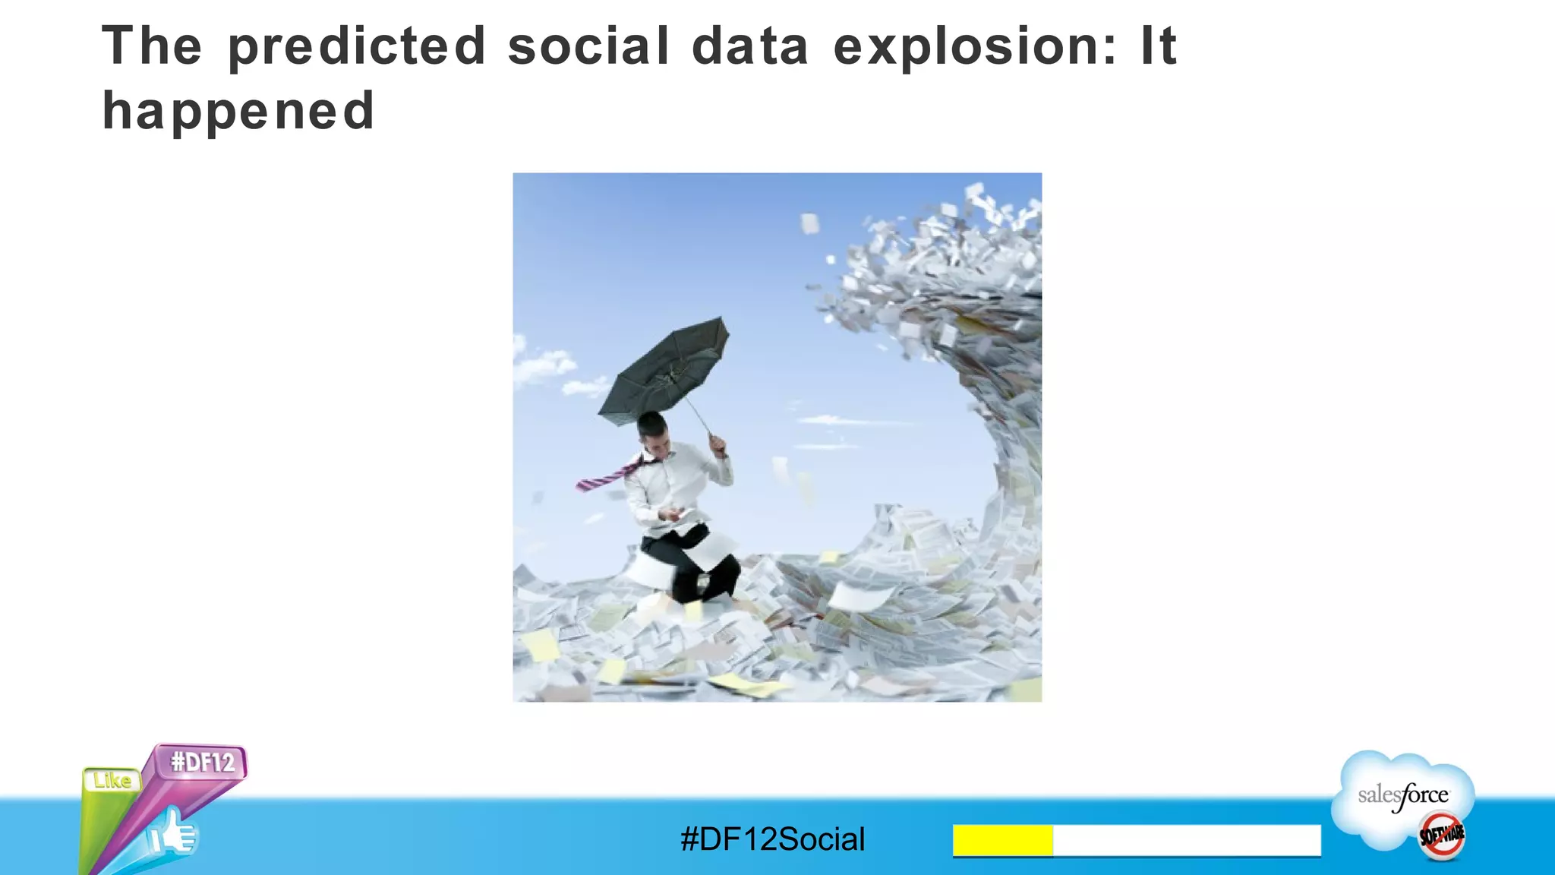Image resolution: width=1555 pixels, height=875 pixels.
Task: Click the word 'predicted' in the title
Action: [x=357, y=47]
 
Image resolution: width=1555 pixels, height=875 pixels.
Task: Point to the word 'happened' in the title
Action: [x=238, y=111]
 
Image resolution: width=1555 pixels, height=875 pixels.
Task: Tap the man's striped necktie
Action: [x=607, y=477]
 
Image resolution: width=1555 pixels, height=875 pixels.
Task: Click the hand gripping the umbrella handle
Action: [x=718, y=444]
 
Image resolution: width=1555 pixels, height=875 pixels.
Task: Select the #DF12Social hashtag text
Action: [x=773, y=839]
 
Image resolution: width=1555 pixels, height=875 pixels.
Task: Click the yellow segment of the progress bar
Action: [x=1002, y=840]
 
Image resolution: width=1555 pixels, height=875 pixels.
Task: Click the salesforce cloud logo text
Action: [x=1403, y=796]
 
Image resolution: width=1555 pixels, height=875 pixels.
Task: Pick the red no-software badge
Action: [x=1441, y=836]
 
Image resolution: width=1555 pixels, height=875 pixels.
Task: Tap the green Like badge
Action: [x=112, y=781]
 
